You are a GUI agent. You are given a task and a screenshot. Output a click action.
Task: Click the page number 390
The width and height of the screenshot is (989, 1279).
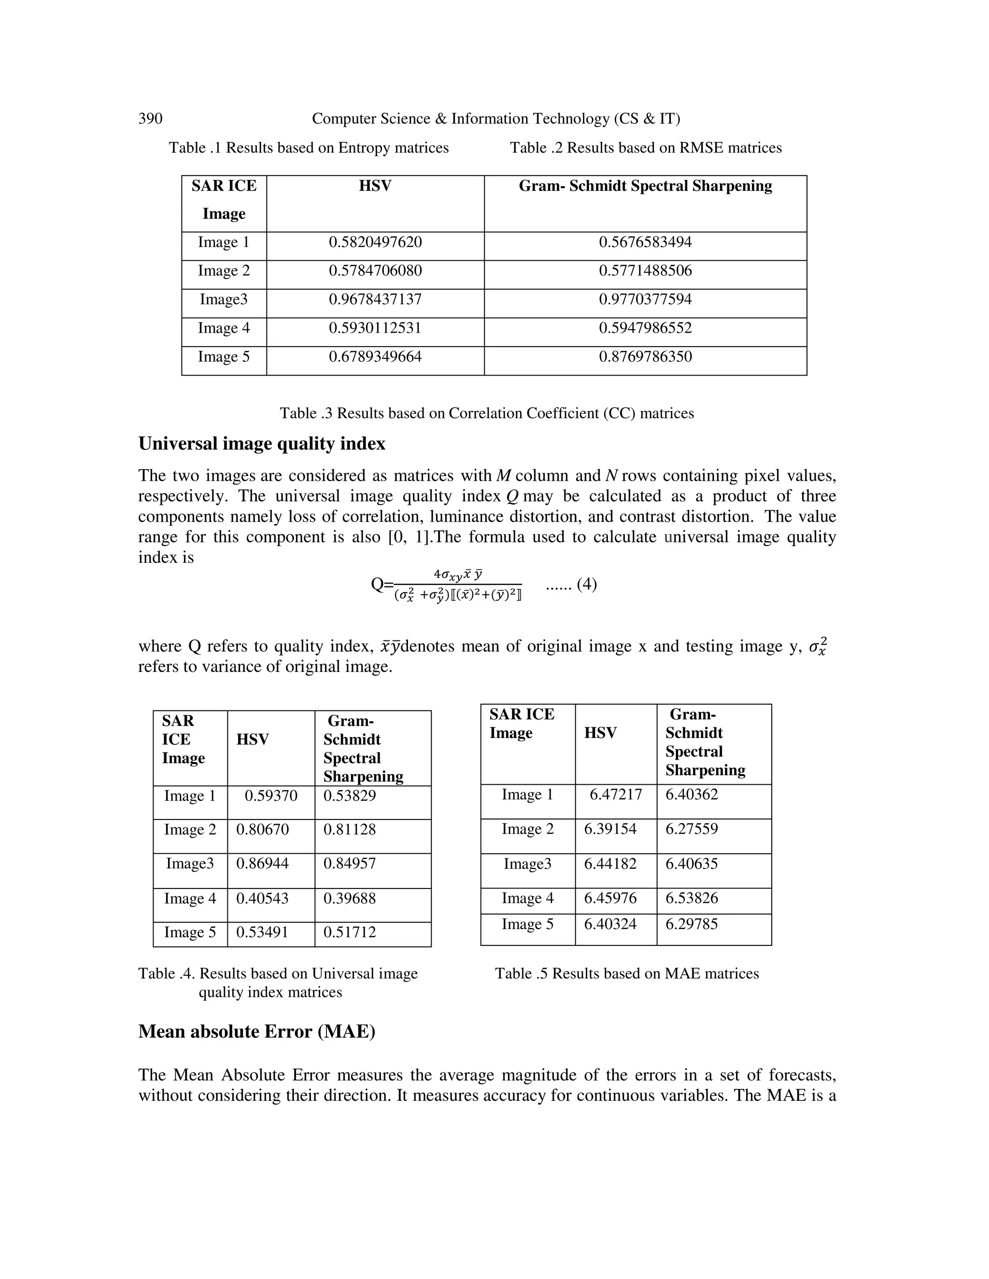click(x=150, y=119)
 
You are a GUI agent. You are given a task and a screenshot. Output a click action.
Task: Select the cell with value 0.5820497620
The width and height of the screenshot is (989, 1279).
click(x=375, y=242)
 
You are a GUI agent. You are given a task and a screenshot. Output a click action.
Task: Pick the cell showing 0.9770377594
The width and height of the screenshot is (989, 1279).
click(x=645, y=300)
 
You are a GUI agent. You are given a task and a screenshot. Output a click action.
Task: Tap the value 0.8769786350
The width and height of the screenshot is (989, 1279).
click(x=645, y=357)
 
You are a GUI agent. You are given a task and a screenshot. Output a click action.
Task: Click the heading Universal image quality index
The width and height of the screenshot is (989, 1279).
click(x=262, y=444)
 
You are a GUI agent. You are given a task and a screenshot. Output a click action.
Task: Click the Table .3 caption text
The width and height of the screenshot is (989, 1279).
click(x=486, y=414)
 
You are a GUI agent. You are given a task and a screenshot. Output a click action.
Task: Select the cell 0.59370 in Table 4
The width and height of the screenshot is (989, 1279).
click(x=271, y=796)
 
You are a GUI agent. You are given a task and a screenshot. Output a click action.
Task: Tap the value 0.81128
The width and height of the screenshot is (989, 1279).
click(x=349, y=830)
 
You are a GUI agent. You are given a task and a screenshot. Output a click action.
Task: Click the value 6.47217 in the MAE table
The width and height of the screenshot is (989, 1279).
click(x=615, y=795)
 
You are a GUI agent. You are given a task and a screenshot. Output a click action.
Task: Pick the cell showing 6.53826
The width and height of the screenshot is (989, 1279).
click(x=692, y=898)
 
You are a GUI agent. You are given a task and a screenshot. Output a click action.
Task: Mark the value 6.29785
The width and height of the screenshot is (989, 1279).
click(x=692, y=924)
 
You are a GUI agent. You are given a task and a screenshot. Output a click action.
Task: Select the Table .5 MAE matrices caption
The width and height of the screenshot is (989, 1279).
click(x=626, y=973)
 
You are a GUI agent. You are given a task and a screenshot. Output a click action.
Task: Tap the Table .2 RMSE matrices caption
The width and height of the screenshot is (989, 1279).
click(x=645, y=148)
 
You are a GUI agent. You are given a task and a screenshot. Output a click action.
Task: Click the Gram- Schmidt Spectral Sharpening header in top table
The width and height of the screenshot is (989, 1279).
click(x=645, y=186)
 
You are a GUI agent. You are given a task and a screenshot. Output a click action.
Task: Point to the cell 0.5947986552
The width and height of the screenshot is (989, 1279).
click(x=645, y=328)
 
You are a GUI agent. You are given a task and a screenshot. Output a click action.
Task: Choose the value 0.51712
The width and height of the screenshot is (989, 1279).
click(x=349, y=932)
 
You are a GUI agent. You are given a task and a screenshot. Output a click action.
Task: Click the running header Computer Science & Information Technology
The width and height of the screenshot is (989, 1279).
click(x=495, y=119)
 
